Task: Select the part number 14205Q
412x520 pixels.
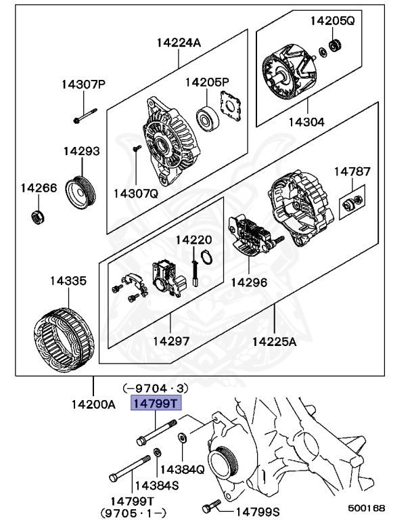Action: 332,20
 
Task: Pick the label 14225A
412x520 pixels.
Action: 275,341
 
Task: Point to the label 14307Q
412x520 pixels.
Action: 135,193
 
